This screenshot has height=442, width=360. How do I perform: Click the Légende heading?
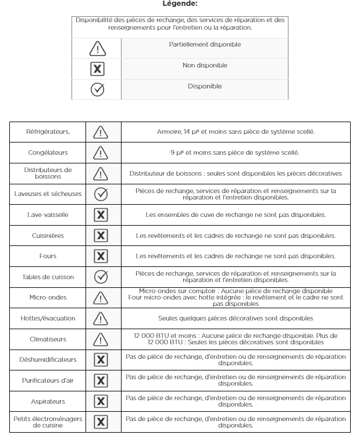pos(180,4)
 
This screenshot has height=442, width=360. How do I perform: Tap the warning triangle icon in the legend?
pos(98,48)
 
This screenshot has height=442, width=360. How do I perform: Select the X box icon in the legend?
pos(98,69)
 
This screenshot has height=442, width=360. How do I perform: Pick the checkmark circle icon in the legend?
pos(98,90)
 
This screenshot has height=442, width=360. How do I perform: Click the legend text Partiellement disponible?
pos(205,45)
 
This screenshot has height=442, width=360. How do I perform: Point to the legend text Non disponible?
pos(205,66)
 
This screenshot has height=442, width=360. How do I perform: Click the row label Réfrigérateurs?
pos(48,132)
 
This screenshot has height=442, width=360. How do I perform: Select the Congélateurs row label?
pos(48,153)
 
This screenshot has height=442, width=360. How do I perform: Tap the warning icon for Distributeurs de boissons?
pos(101,173)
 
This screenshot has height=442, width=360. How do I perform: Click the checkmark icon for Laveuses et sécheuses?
pos(101,194)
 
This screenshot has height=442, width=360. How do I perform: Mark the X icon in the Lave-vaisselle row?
pos(101,215)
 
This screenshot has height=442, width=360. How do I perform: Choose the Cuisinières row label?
pos(48,236)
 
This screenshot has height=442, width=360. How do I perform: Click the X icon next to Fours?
pos(101,256)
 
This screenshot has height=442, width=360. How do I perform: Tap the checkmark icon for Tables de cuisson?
pos(101,277)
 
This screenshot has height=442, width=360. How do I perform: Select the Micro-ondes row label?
pos(48,297)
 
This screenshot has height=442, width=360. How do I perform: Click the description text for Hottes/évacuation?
pos(236,318)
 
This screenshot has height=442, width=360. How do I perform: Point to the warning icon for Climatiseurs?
pos(101,339)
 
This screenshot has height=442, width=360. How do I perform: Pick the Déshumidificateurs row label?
pos(48,360)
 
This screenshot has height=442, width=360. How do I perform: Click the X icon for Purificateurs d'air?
pos(101,380)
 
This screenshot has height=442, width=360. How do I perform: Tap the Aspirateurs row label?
pos(48,401)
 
